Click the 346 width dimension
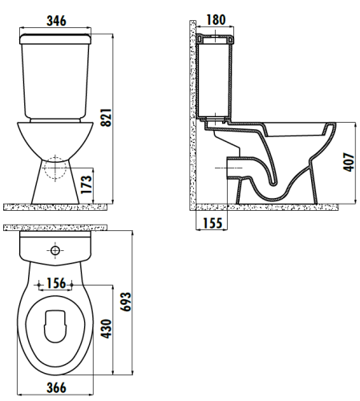click(56, 21)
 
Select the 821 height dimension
click(106, 117)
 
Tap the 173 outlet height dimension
click(87, 184)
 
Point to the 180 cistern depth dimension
click(216, 19)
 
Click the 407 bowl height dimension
click(349, 162)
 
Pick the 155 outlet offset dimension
click(212, 223)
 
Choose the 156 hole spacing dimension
click(56, 283)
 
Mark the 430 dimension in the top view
click(107, 329)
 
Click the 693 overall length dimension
click(126, 302)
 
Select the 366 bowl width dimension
click(56, 387)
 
